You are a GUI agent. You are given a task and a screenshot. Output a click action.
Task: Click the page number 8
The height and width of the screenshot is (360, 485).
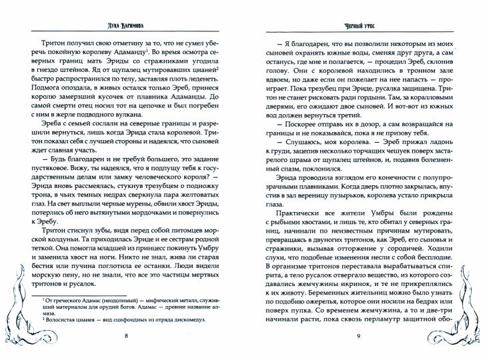click(126, 335)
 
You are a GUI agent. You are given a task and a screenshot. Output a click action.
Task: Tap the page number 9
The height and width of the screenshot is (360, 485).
click(359, 335)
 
